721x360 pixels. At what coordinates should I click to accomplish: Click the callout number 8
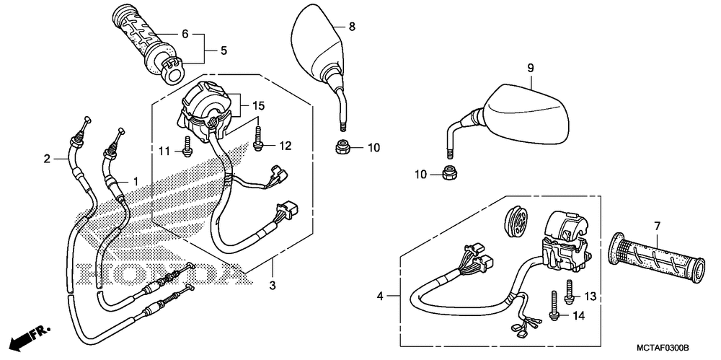(x=352, y=27)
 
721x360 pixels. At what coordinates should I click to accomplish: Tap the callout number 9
(x=530, y=68)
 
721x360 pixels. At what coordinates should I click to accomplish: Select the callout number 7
(x=657, y=227)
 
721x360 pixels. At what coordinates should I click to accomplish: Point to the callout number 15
(x=260, y=106)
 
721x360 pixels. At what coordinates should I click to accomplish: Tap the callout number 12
(x=285, y=146)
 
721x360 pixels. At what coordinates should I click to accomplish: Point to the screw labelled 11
(x=187, y=146)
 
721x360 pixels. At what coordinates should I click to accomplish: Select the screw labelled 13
(x=570, y=289)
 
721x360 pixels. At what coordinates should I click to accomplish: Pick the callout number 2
(x=48, y=159)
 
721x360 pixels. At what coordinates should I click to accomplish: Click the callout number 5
(x=224, y=51)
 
